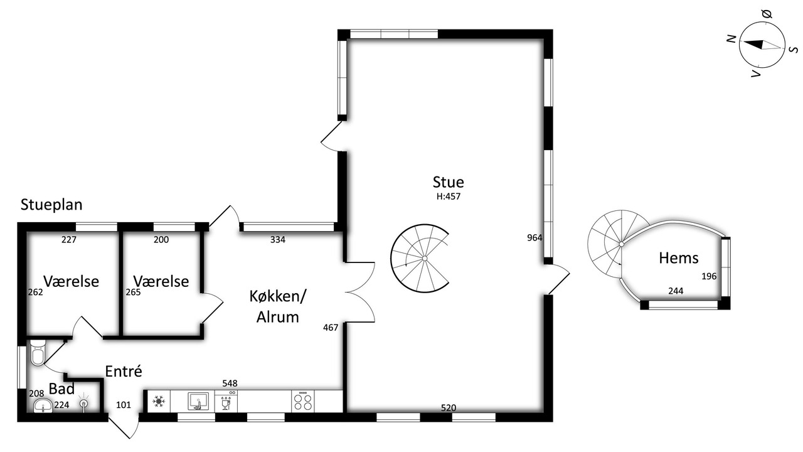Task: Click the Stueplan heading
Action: click(x=51, y=205)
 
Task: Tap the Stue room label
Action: click(x=448, y=182)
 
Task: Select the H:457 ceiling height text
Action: click(x=449, y=196)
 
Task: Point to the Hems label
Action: click(x=679, y=258)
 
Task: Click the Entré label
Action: click(x=124, y=371)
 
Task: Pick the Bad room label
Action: click(x=61, y=389)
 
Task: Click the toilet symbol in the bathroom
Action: click(x=37, y=352)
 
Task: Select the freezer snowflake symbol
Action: click(x=158, y=401)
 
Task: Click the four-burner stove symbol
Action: click(x=303, y=401)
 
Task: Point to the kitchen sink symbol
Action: click(x=198, y=401)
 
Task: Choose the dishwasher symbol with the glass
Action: click(x=226, y=401)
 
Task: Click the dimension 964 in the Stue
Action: click(x=534, y=237)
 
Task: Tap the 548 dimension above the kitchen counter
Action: click(x=230, y=384)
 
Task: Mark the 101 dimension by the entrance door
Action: click(x=124, y=405)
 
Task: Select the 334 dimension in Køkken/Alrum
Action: click(x=278, y=240)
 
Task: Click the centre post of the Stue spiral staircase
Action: click(x=425, y=258)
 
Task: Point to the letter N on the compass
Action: click(x=731, y=39)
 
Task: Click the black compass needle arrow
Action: click(x=753, y=44)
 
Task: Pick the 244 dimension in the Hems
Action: click(x=676, y=291)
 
